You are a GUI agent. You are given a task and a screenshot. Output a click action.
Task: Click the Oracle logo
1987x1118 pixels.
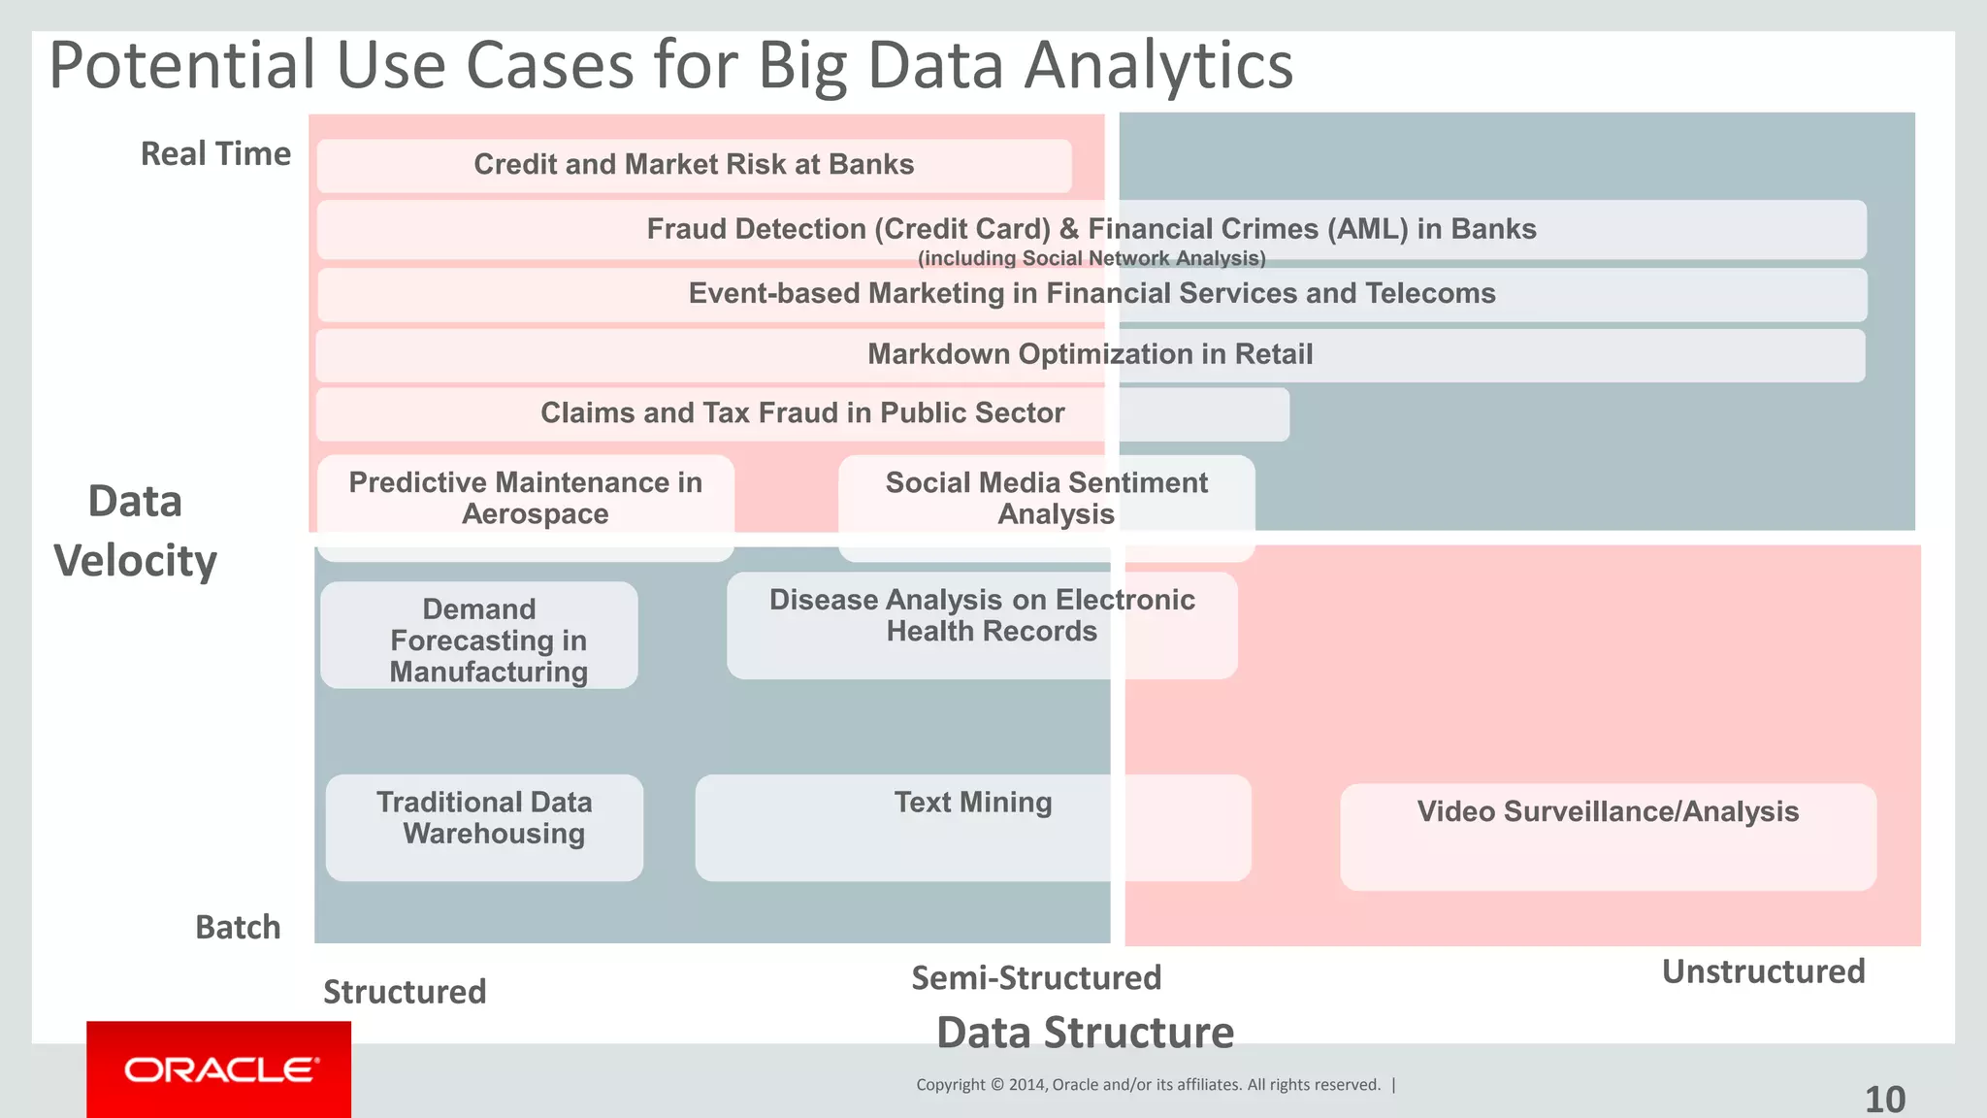(220, 1069)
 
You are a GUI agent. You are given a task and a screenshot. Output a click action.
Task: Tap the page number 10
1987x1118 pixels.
(1884, 1100)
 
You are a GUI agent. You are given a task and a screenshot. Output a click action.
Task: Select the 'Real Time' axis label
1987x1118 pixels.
(215, 153)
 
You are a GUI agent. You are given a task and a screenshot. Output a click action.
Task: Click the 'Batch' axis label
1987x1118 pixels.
(238, 927)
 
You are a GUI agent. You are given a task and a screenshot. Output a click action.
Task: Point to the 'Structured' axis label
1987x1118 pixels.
(404, 992)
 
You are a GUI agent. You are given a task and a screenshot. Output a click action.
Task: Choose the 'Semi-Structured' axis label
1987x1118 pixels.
(1036, 977)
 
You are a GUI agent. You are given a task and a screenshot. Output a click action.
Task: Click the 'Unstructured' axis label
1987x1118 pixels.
(1763, 971)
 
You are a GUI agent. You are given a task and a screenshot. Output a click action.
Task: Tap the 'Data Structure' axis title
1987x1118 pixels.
(1085, 1033)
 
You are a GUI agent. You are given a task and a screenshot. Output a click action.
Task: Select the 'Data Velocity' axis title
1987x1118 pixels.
(135, 531)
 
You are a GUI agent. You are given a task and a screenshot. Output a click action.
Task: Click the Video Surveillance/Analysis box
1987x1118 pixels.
(1608, 837)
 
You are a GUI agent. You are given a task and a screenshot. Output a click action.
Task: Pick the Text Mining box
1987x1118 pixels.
(972, 827)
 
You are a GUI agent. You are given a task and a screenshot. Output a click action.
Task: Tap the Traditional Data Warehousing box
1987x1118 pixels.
(484, 827)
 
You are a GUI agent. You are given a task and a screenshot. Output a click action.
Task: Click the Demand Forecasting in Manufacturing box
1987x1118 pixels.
(479, 636)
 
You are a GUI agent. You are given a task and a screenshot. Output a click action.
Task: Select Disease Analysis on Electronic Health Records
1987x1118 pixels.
(982, 625)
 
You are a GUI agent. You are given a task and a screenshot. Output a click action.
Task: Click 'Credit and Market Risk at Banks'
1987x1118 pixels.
(694, 165)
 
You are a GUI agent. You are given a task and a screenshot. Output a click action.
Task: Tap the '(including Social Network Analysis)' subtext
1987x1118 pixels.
(1091, 258)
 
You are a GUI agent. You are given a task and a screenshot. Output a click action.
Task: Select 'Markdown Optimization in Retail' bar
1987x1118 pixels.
(1090, 355)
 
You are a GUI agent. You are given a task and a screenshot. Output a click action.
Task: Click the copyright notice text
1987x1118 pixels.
(1148, 1085)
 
